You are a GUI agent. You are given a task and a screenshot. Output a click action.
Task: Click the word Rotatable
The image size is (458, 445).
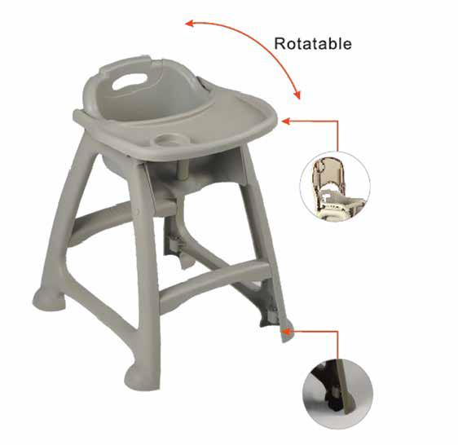click(313, 44)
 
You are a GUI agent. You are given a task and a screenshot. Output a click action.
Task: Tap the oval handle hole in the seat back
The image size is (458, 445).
click(130, 82)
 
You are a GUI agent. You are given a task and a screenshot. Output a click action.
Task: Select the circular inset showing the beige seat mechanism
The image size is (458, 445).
click(335, 187)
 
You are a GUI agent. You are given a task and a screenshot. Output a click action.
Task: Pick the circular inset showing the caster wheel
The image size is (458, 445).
click(337, 394)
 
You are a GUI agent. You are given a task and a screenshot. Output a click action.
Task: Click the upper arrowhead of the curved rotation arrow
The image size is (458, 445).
click(190, 23)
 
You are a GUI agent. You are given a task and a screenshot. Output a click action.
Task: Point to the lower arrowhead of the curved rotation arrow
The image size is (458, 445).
click(297, 95)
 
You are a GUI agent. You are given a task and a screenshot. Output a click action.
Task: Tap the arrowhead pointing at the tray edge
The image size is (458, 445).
click(286, 121)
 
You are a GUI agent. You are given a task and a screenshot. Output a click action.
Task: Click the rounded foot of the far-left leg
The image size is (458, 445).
click(48, 299)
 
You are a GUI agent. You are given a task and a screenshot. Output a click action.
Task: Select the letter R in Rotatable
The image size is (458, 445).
click(280, 44)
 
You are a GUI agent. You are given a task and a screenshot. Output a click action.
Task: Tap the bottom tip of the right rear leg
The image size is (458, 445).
click(284, 339)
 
